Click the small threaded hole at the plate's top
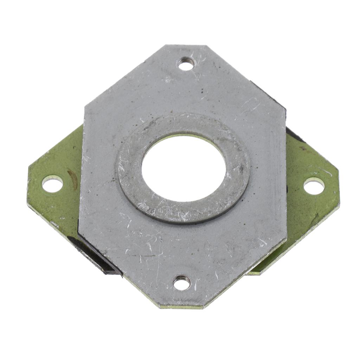point(186,64)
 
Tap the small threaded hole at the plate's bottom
point(182,282)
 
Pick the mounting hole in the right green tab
point(314,186)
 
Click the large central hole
point(184,168)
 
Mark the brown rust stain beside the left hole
point(73,178)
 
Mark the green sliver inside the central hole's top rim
point(183,136)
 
